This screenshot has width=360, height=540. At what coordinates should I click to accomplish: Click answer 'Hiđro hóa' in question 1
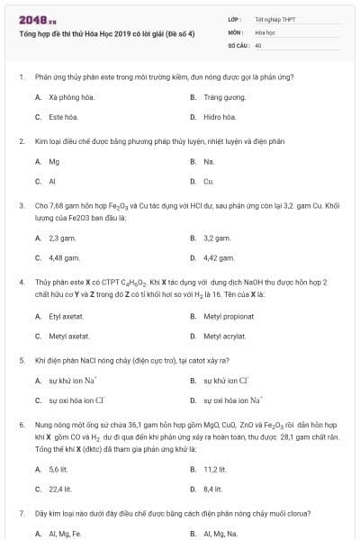(220, 117)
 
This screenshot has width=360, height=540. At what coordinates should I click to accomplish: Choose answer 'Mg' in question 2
(54, 162)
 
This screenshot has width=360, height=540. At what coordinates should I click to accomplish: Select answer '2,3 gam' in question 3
(61, 238)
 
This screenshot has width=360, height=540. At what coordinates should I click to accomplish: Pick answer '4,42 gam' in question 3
(219, 258)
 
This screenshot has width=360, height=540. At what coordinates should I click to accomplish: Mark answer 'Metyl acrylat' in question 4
(224, 336)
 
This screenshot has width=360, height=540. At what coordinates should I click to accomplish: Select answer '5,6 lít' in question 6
(58, 469)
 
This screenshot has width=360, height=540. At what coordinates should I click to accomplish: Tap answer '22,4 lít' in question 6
(60, 489)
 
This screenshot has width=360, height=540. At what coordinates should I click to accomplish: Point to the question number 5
(21, 360)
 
